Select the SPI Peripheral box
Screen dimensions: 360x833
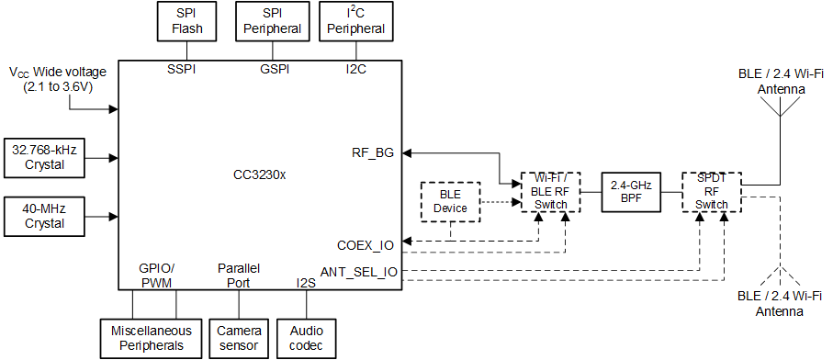[x=269, y=22]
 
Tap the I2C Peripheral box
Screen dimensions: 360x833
[x=354, y=22]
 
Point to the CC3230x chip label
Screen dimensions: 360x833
[x=260, y=174]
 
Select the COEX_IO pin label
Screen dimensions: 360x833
[x=366, y=245]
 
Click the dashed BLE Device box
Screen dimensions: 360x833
[x=451, y=201]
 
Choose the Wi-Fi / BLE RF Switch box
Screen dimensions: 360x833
[x=551, y=191]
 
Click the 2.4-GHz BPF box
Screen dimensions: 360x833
[x=631, y=191]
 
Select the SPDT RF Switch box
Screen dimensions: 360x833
[x=711, y=191]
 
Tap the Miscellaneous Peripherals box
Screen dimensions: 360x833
[x=151, y=337]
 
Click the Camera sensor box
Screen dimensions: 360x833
[x=239, y=337]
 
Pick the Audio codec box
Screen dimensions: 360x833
[x=306, y=337]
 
